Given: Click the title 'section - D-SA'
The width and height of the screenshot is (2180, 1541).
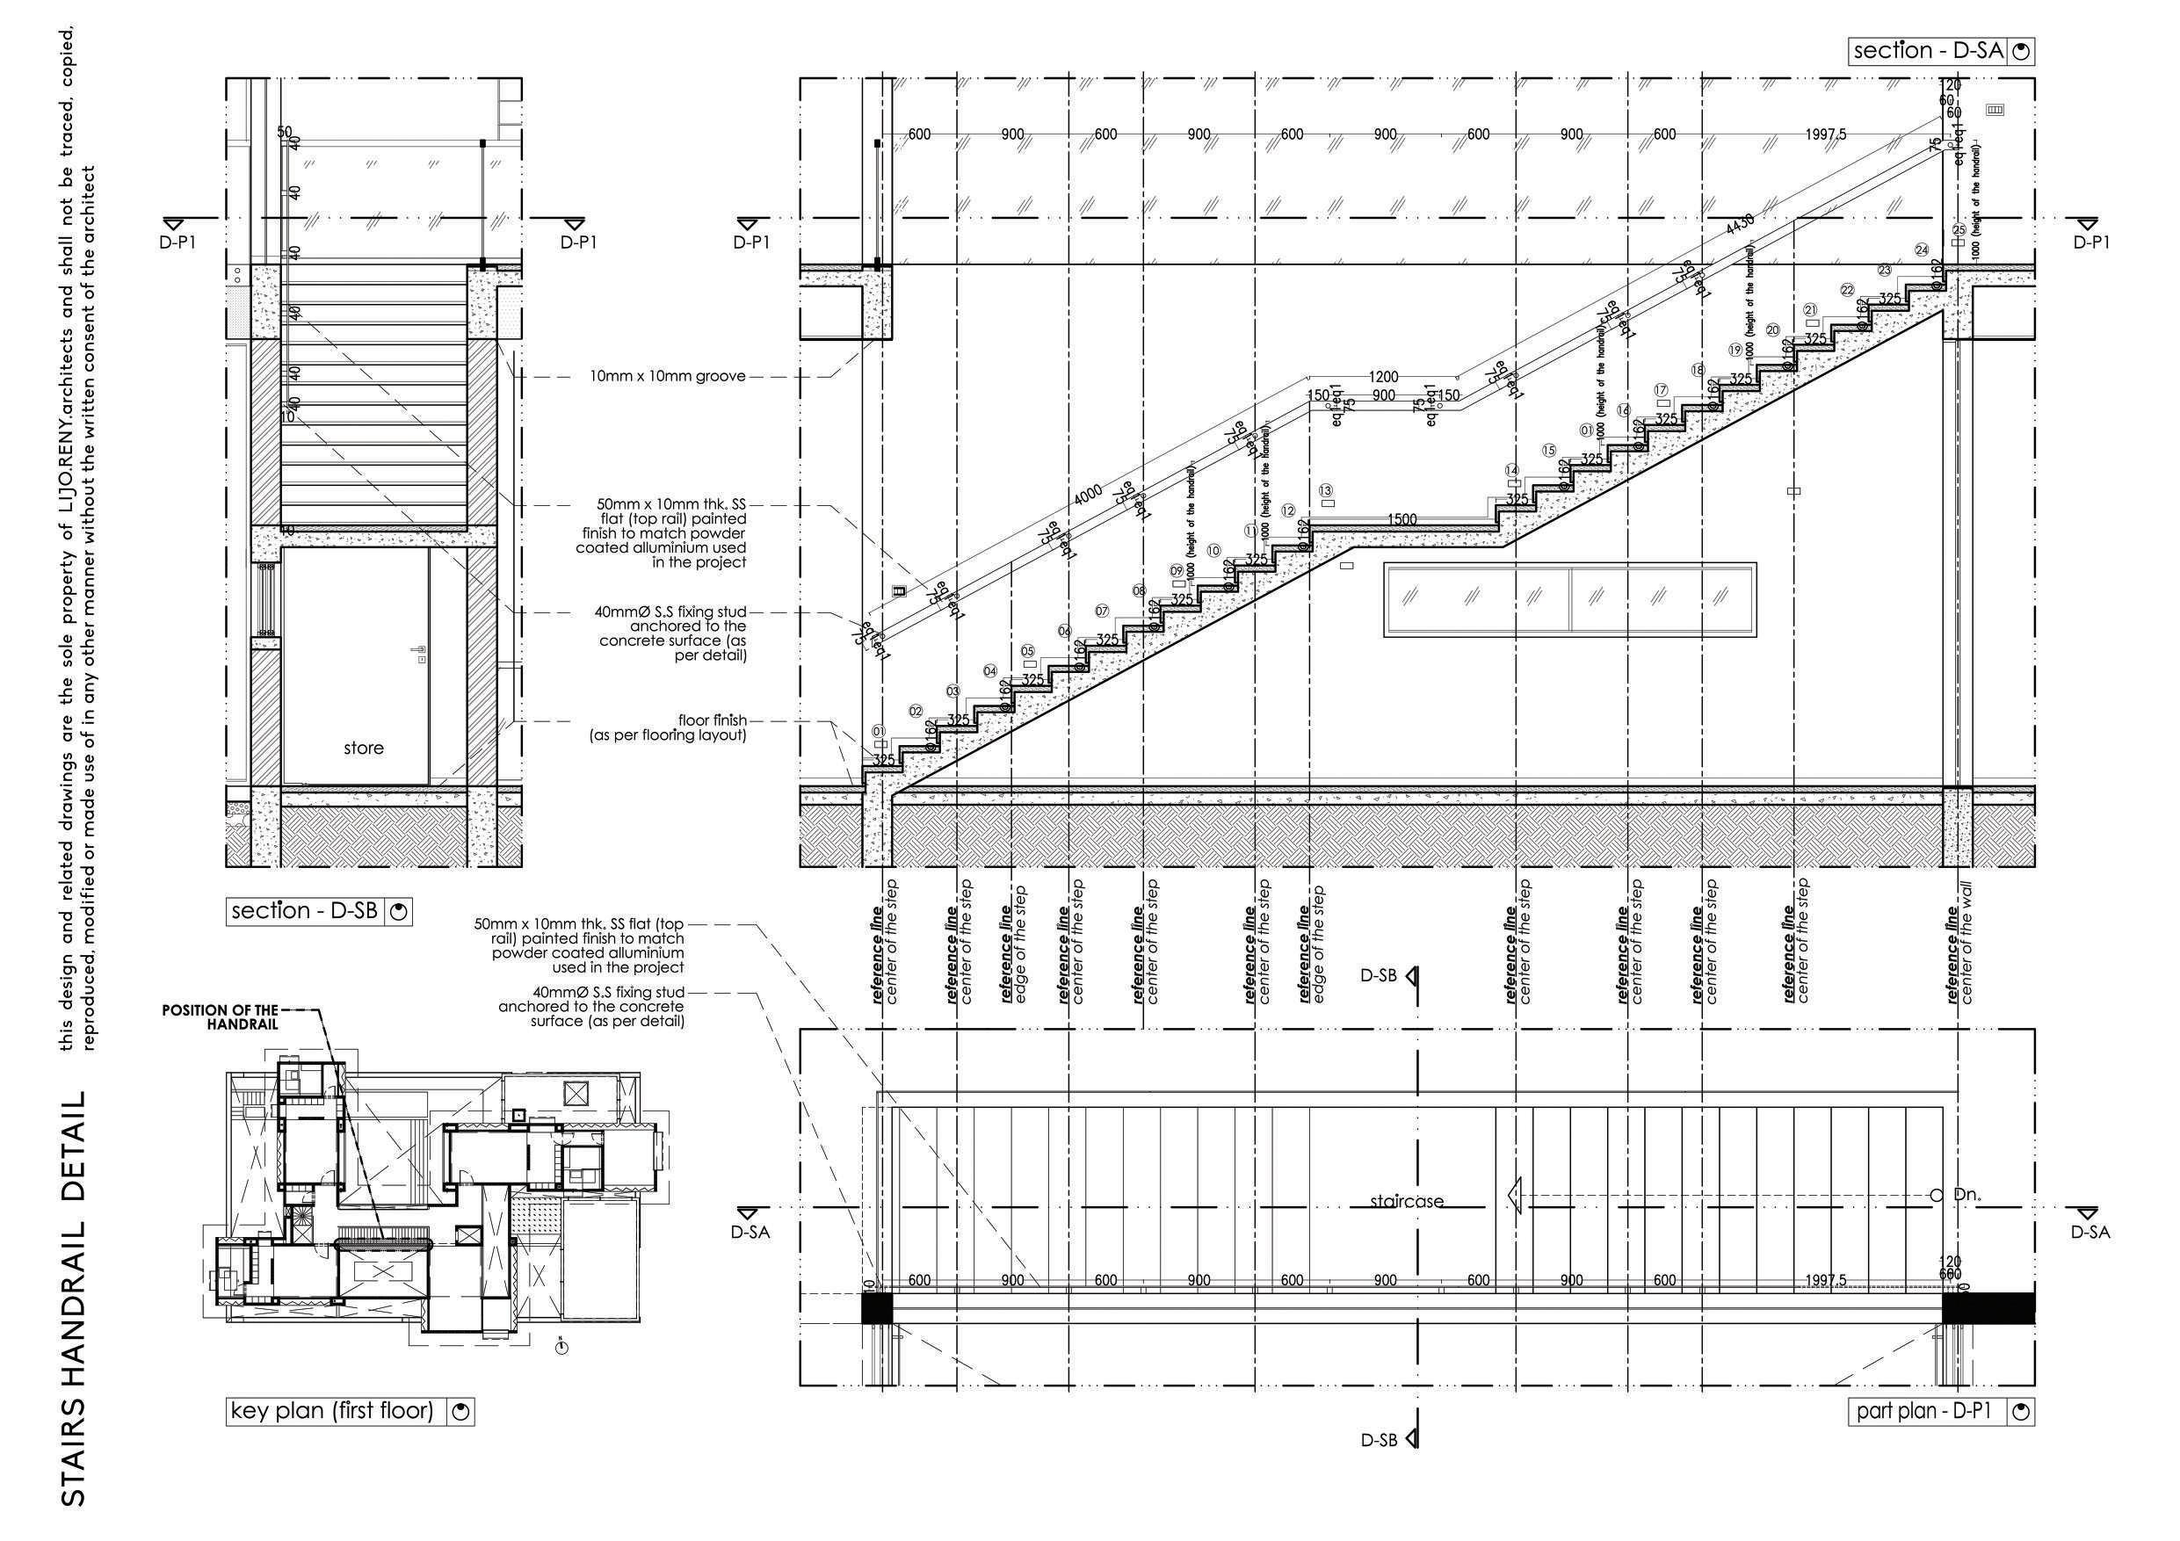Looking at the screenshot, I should pyautogui.click(x=1929, y=51).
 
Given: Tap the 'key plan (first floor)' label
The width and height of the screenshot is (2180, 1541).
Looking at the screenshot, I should pyautogui.click(x=332, y=1411).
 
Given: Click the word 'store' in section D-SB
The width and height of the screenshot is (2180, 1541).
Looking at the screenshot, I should pyautogui.click(x=364, y=749).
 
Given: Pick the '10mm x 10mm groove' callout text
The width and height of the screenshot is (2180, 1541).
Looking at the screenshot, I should pyautogui.click(x=668, y=376).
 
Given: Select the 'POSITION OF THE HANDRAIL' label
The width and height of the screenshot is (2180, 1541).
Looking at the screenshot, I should pyautogui.click(x=221, y=1016).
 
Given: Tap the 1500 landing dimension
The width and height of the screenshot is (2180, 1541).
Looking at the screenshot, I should pyautogui.click(x=1402, y=519).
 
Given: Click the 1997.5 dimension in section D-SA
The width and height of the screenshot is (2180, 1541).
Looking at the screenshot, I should pyautogui.click(x=1826, y=134).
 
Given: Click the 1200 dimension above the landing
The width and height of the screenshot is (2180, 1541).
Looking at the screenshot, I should pyautogui.click(x=1383, y=377).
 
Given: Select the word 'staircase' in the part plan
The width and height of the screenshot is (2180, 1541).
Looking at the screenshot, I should pyautogui.click(x=1406, y=1201).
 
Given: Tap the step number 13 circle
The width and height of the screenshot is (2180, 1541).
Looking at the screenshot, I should pyautogui.click(x=1325, y=491).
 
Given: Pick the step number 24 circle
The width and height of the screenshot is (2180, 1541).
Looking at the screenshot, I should pyautogui.click(x=1922, y=250).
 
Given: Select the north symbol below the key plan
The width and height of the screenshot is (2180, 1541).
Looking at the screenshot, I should pyautogui.click(x=562, y=1345).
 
